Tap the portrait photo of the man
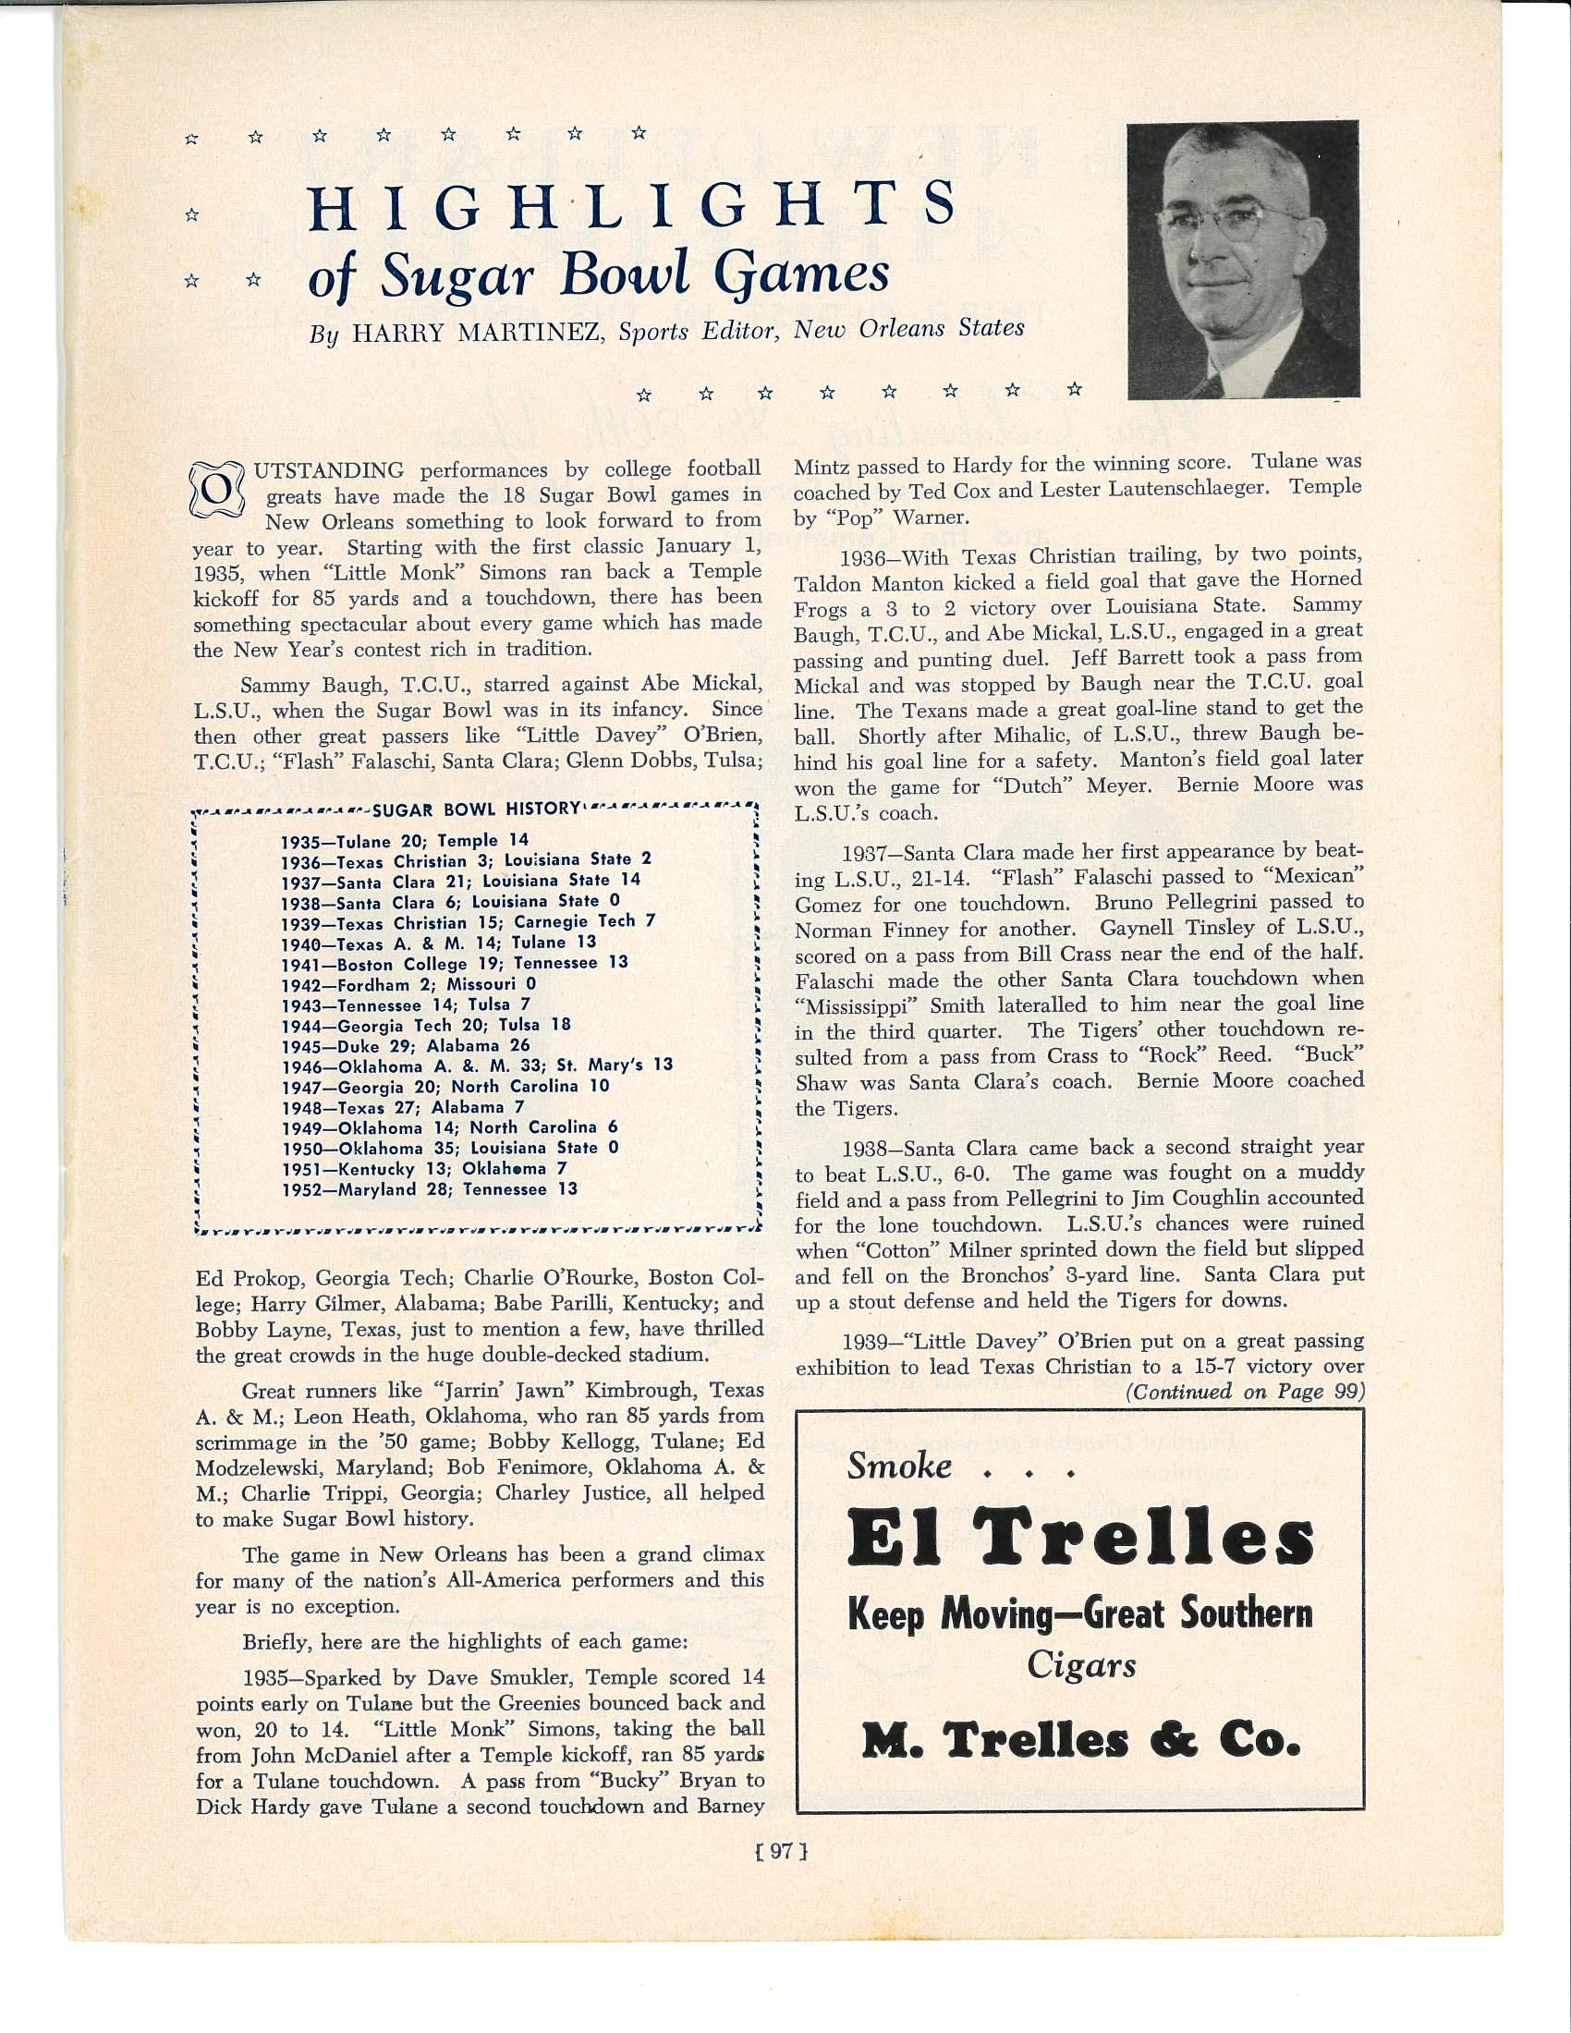[x=1242, y=261]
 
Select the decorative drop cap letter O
[x=214, y=488]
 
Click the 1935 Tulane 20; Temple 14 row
[x=406, y=841]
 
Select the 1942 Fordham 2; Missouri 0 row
[x=408, y=984]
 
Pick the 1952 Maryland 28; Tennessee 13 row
[x=429, y=1188]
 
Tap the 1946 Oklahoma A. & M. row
[x=477, y=1065]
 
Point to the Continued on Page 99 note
[x=1245, y=1392]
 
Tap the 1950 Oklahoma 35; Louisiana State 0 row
[x=450, y=1148]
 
